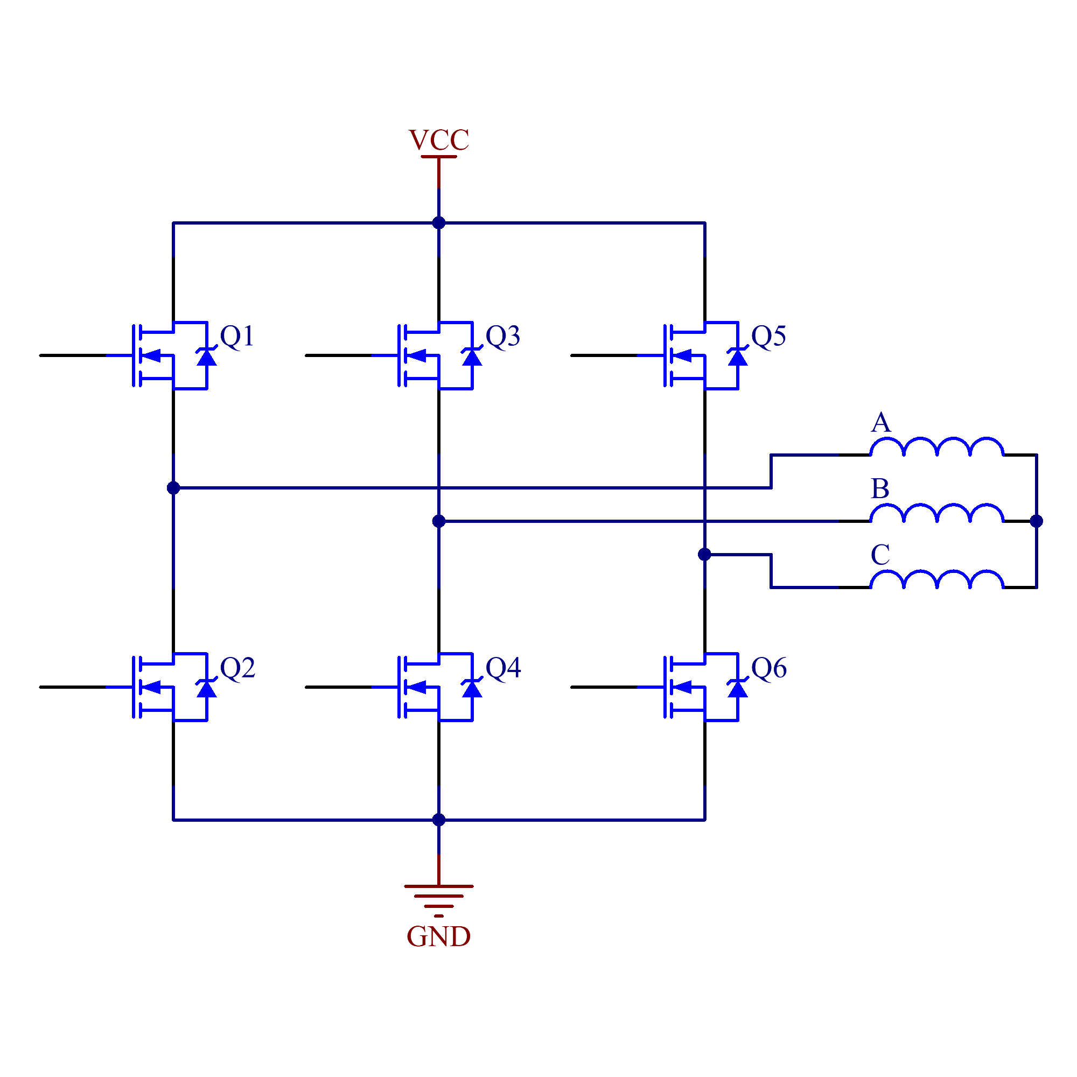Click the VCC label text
pos(439,140)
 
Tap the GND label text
pos(439,936)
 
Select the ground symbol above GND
pos(439,901)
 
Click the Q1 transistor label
pos(237,336)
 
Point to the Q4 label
pos(503,667)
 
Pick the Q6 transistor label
pos(769,668)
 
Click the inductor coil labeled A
pos(936,446)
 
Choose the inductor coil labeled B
pos(936,512)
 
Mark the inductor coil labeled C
pos(936,579)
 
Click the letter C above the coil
pos(880,555)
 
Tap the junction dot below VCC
pos(439,223)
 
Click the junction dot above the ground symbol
pos(439,820)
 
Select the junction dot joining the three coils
pos(1036,521)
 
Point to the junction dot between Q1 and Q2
pos(173,488)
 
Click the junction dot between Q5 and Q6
pos(704,554)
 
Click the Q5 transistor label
pos(769,336)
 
